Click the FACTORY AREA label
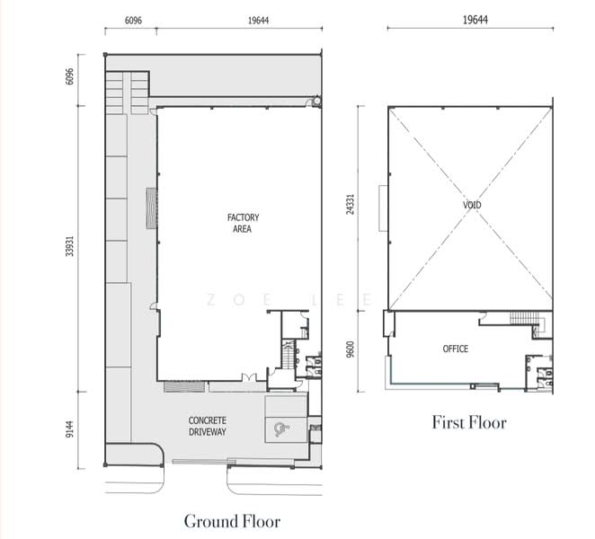click(243, 223)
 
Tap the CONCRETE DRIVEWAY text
click(208, 426)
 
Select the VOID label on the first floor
click(472, 205)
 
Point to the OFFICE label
click(456, 349)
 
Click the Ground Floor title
click(232, 521)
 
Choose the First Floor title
click(469, 422)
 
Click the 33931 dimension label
click(69, 246)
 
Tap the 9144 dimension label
click(69, 429)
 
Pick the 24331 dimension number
click(351, 205)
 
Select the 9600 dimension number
click(351, 349)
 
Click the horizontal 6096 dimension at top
click(133, 21)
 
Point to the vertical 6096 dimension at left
click(69, 76)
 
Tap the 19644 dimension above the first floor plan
click(475, 20)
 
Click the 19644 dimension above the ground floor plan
click(258, 21)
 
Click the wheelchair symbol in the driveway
click(281, 429)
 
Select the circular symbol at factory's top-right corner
click(316, 102)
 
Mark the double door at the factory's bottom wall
click(249, 377)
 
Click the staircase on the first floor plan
click(524, 318)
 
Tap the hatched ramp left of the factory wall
click(152, 208)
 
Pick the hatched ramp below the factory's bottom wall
click(184, 387)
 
